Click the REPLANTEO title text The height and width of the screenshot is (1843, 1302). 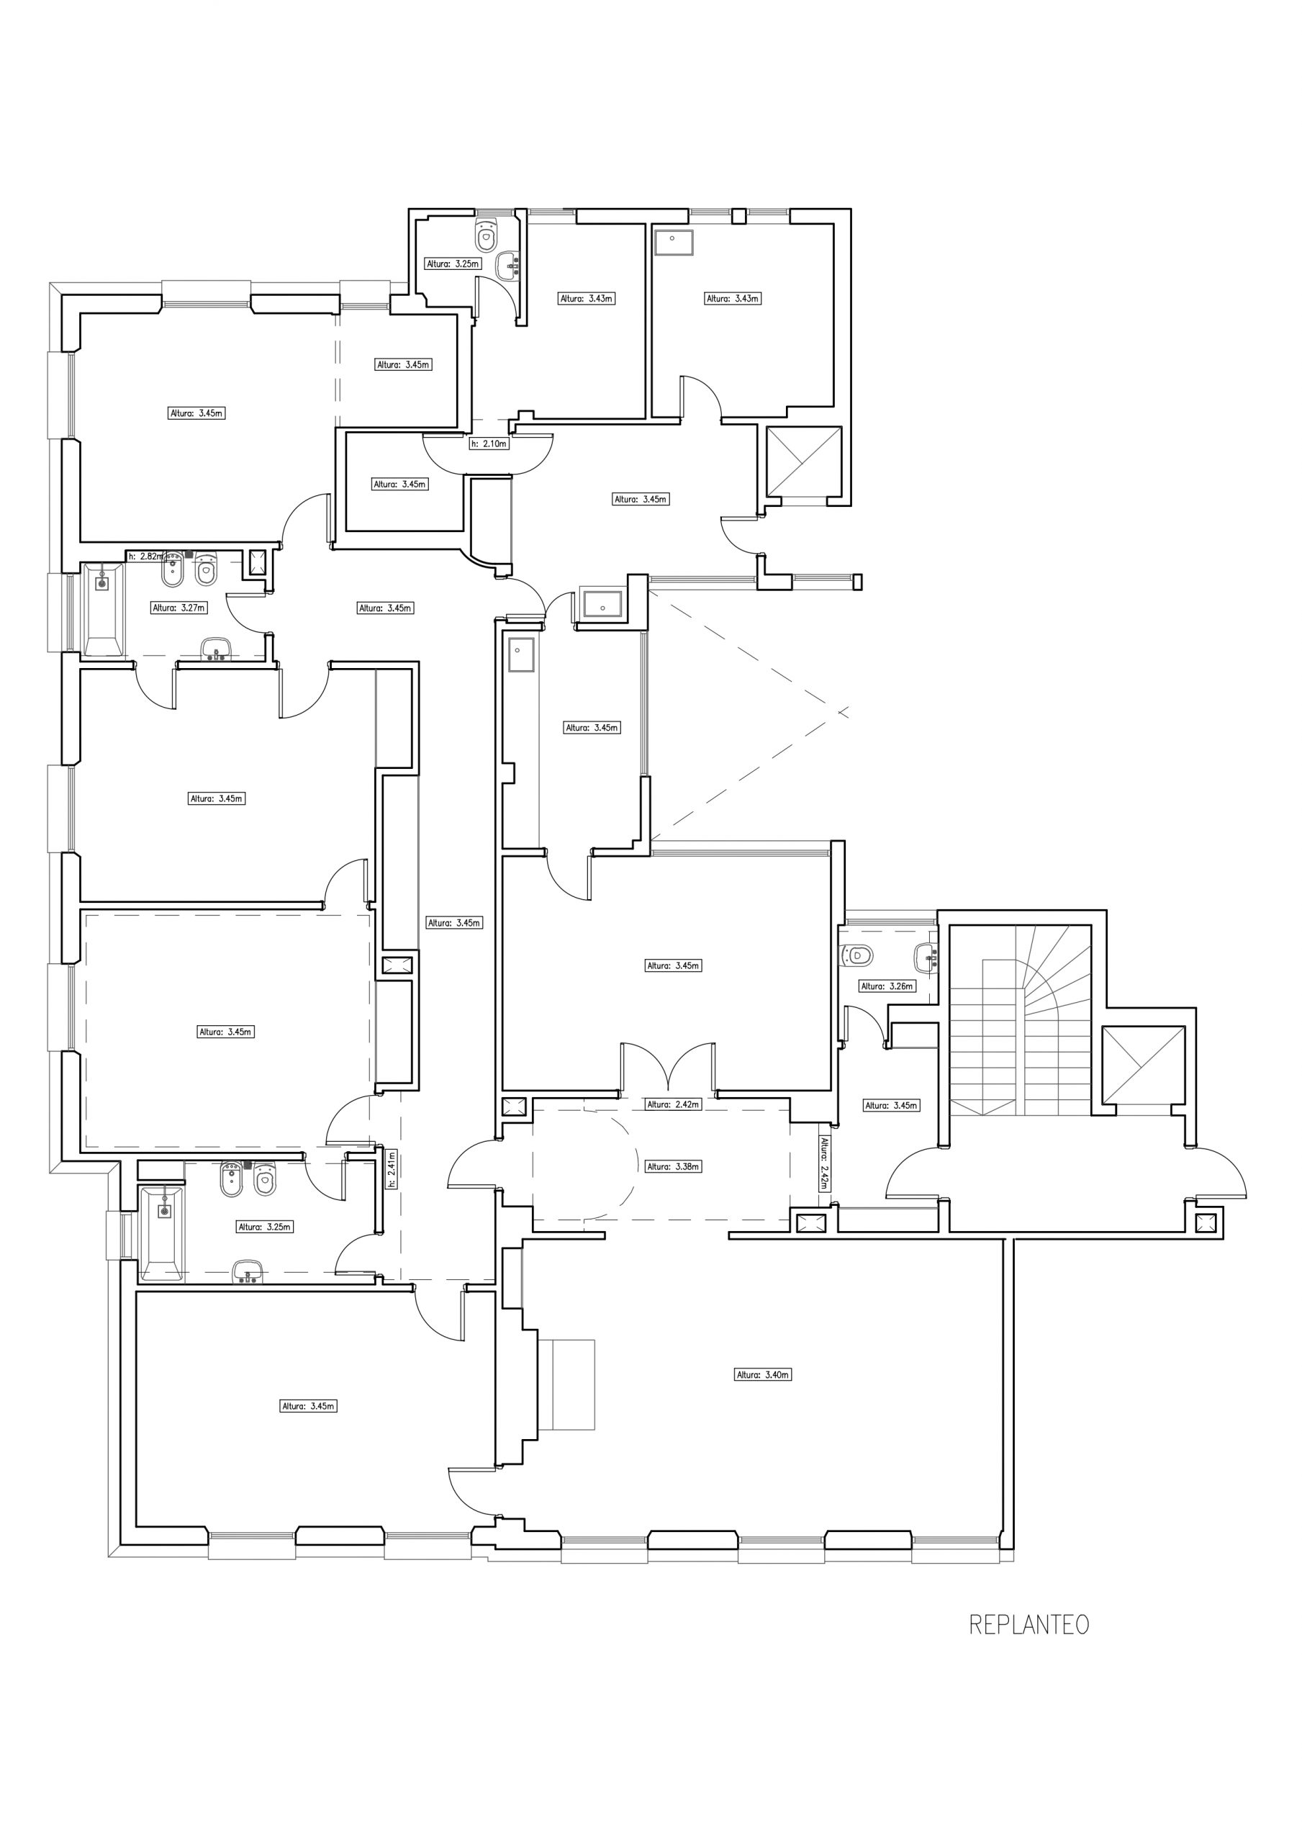(x=1029, y=1624)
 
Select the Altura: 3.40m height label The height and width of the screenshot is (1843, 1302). (x=764, y=1375)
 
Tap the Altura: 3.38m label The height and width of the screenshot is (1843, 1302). (x=674, y=1167)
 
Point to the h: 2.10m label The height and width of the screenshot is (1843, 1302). (x=489, y=443)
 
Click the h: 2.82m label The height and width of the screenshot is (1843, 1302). (x=146, y=556)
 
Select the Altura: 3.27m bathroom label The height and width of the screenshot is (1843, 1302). (x=179, y=608)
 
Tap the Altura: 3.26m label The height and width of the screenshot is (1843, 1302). (x=887, y=986)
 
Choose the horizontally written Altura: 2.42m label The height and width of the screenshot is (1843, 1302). (x=674, y=1104)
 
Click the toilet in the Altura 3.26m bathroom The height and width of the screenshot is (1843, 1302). (x=856, y=955)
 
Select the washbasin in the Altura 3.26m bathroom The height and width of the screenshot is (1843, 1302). (x=926, y=956)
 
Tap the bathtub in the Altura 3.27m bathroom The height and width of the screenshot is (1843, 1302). (x=104, y=609)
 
